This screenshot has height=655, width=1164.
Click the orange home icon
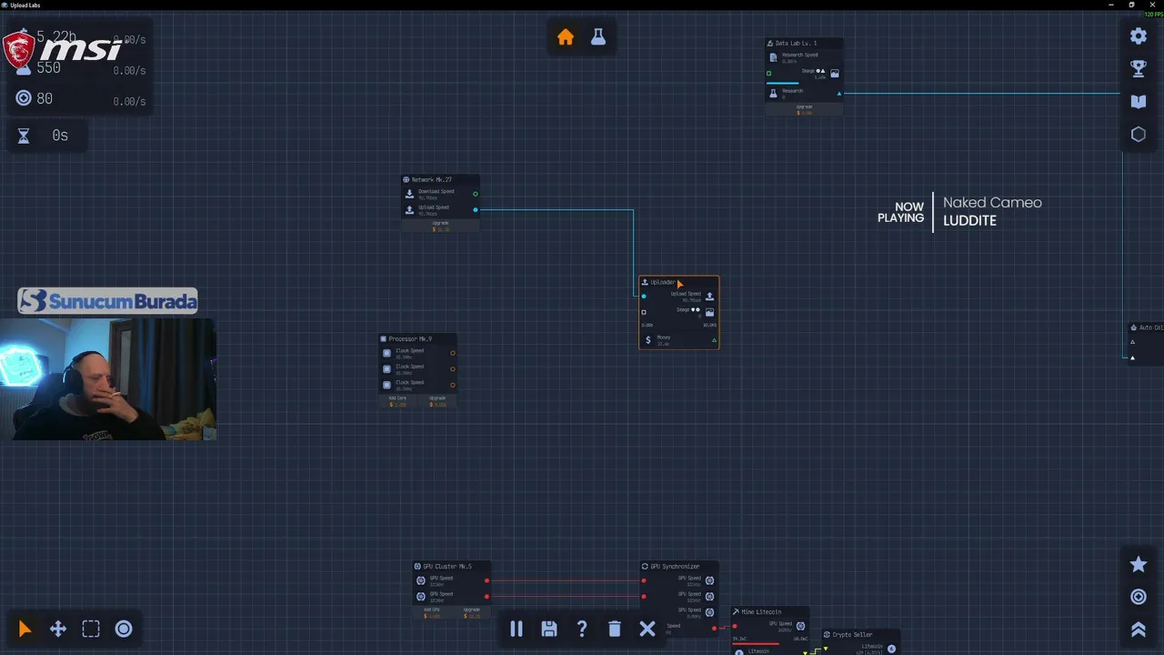[x=566, y=37]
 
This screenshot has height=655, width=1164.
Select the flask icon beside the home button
[x=597, y=37]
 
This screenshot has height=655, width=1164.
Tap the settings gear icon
[x=1139, y=36]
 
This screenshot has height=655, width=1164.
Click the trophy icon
[x=1139, y=68]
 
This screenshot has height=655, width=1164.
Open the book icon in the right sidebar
[x=1139, y=102]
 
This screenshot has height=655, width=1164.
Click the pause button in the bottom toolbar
[x=517, y=629]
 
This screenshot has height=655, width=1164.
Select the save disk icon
[x=549, y=629]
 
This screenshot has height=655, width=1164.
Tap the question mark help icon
[x=582, y=629]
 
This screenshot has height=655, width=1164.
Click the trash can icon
[x=615, y=629]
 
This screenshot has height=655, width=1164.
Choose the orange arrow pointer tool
[x=25, y=629]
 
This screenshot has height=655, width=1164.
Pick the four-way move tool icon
[x=58, y=629]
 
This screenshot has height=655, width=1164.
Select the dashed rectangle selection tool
[x=91, y=629]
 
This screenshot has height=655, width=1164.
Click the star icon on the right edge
[x=1139, y=564]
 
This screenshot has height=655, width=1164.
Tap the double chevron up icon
[x=1139, y=630]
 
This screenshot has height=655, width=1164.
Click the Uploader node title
[x=663, y=283]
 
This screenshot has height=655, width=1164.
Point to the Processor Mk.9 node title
[x=410, y=339]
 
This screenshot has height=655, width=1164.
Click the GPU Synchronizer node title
[x=675, y=567]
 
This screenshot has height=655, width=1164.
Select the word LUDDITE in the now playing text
[x=969, y=221]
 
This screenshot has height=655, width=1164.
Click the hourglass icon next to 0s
[x=24, y=136]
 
